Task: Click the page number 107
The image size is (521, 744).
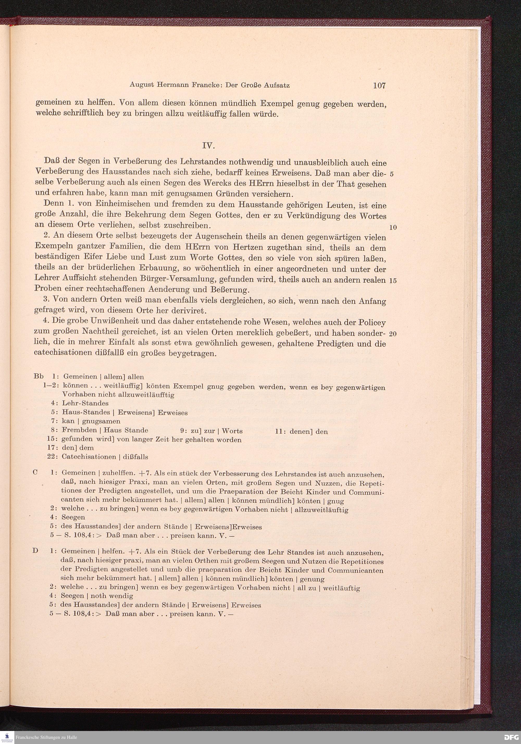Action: click(x=379, y=86)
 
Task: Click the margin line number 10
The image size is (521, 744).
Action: click(x=393, y=228)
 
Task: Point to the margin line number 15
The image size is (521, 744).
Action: click(x=393, y=281)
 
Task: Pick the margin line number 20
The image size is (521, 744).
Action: click(x=393, y=334)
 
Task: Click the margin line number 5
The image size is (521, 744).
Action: click(x=392, y=174)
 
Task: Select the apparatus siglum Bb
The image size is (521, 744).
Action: click(x=38, y=376)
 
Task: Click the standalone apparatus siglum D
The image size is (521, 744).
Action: click(x=35, y=550)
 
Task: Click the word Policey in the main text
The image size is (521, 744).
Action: click(x=373, y=323)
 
